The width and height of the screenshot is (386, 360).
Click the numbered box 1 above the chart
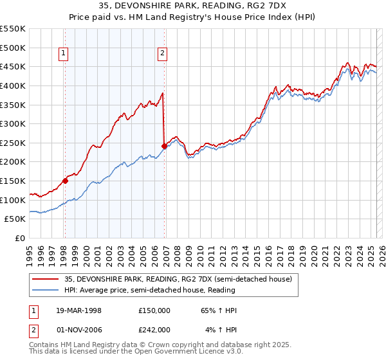point(64,54)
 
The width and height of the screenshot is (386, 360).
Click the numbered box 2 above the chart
point(162,54)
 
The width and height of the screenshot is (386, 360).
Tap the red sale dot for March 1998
point(65,181)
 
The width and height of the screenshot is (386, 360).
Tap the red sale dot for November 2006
point(164,146)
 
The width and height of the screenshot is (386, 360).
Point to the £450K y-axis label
point(14,66)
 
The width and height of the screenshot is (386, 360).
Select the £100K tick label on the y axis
point(14,200)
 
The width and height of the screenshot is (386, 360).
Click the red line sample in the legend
point(46,278)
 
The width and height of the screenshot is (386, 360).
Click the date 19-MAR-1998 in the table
point(78,310)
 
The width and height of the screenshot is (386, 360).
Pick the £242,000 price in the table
point(154,329)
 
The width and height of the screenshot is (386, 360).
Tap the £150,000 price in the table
point(154,310)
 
